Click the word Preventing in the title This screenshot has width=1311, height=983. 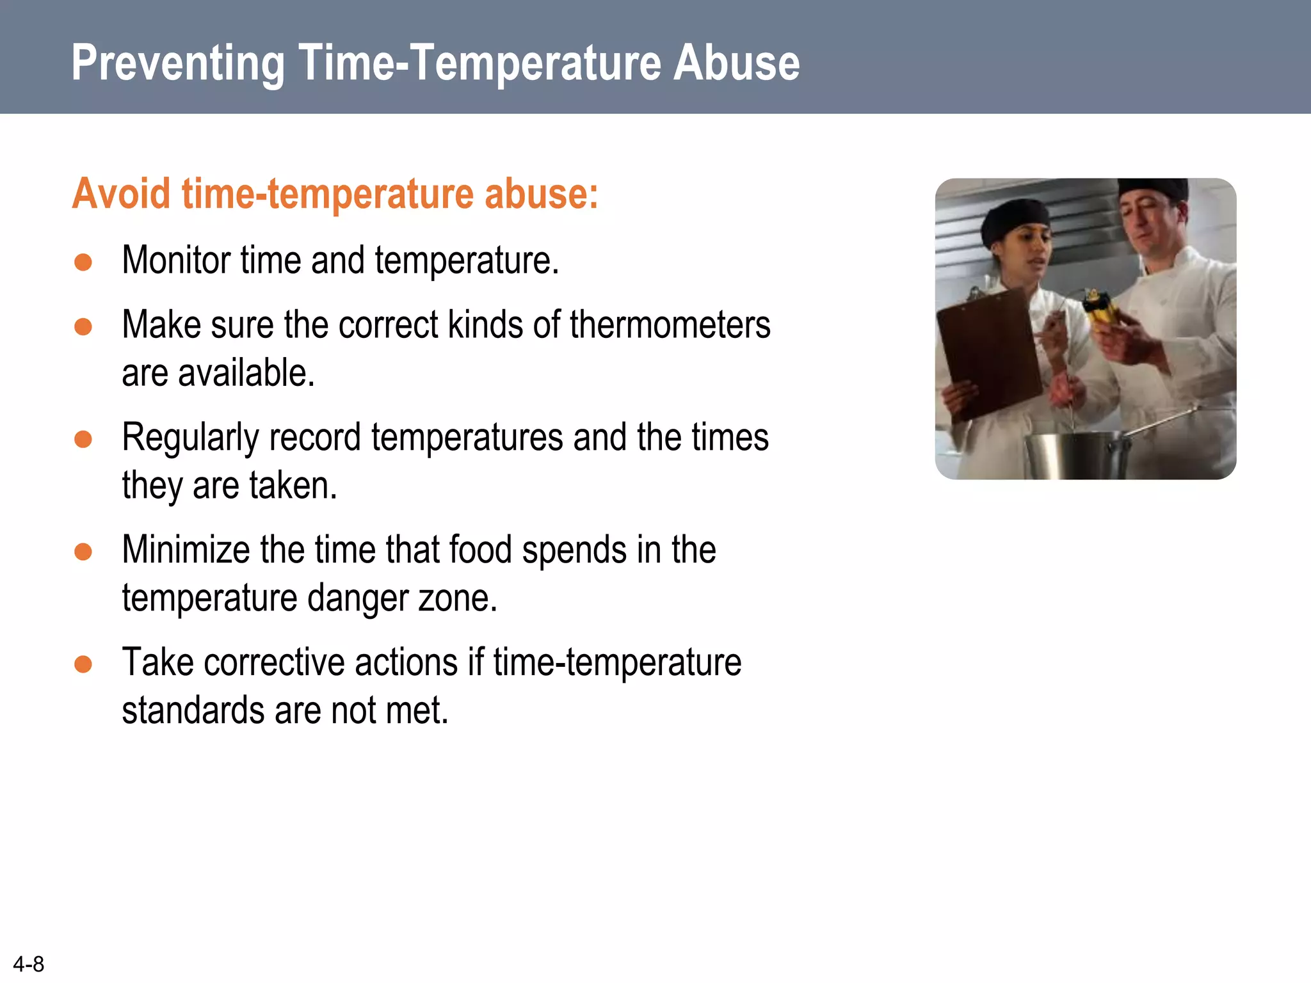(x=177, y=64)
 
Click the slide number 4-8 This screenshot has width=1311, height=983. (x=29, y=964)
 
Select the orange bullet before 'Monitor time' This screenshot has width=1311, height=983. (x=83, y=262)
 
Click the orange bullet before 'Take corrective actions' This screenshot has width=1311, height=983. (x=83, y=664)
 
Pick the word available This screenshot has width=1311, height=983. (x=246, y=373)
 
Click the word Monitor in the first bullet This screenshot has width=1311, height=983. (x=176, y=260)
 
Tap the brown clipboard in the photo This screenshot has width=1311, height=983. (x=989, y=352)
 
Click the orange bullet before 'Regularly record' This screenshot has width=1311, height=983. (x=83, y=439)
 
